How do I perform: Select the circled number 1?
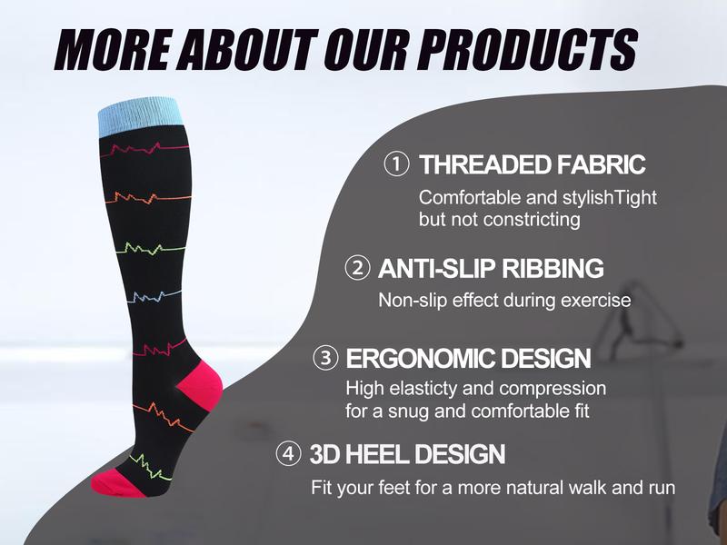pyautogui.click(x=396, y=164)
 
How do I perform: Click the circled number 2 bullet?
pyautogui.click(x=357, y=268)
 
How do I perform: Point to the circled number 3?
pyautogui.click(x=326, y=358)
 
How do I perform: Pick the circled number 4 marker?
pyautogui.click(x=288, y=453)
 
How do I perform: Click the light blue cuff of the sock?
pyautogui.click(x=139, y=116)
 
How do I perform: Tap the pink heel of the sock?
pyautogui.click(x=199, y=387)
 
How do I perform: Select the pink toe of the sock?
pyautogui.click(x=114, y=483)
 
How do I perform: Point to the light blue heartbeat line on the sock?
pyautogui.click(x=151, y=296)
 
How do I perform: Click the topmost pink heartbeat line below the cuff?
pyautogui.click(x=144, y=148)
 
